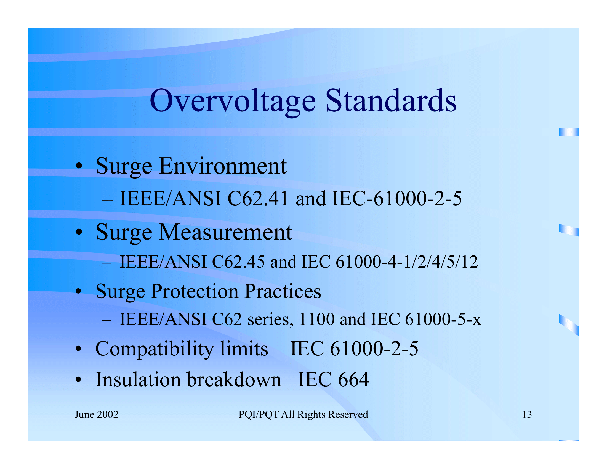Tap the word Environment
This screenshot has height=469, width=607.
pyautogui.click(x=223, y=166)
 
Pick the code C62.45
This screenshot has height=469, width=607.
pyautogui.click(x=238, y=262)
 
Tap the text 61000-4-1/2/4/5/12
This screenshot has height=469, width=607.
pyautogui.click(x=407, y=262)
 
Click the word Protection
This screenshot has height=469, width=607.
pyautogui.click(x=195, y=292)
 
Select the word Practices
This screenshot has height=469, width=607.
pyautogui.click(x=283, y=292)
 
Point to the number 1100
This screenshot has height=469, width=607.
pyautogui.click(x=316, y=319)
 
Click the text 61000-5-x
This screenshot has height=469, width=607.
pyautogui.click(x=443, y=319)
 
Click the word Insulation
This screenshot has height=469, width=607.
pyautogui.click(x=138, y=380)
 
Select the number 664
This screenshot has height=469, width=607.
pyautogui.click(x=353, y=380)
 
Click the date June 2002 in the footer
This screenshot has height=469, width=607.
pyautogui.click(x=96, y=415)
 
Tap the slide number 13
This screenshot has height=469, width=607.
pyautogui.click(x=527, y=415)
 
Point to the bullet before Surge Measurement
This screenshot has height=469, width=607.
pyautogui.click(x=79, y=232)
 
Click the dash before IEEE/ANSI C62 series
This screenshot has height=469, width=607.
pyautogui.click(x=107, y=320)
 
